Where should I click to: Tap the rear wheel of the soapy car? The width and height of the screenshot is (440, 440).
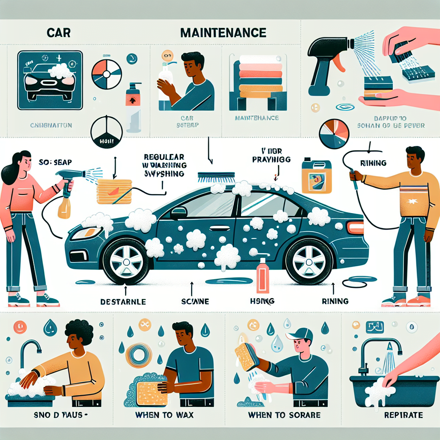(309, 261)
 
